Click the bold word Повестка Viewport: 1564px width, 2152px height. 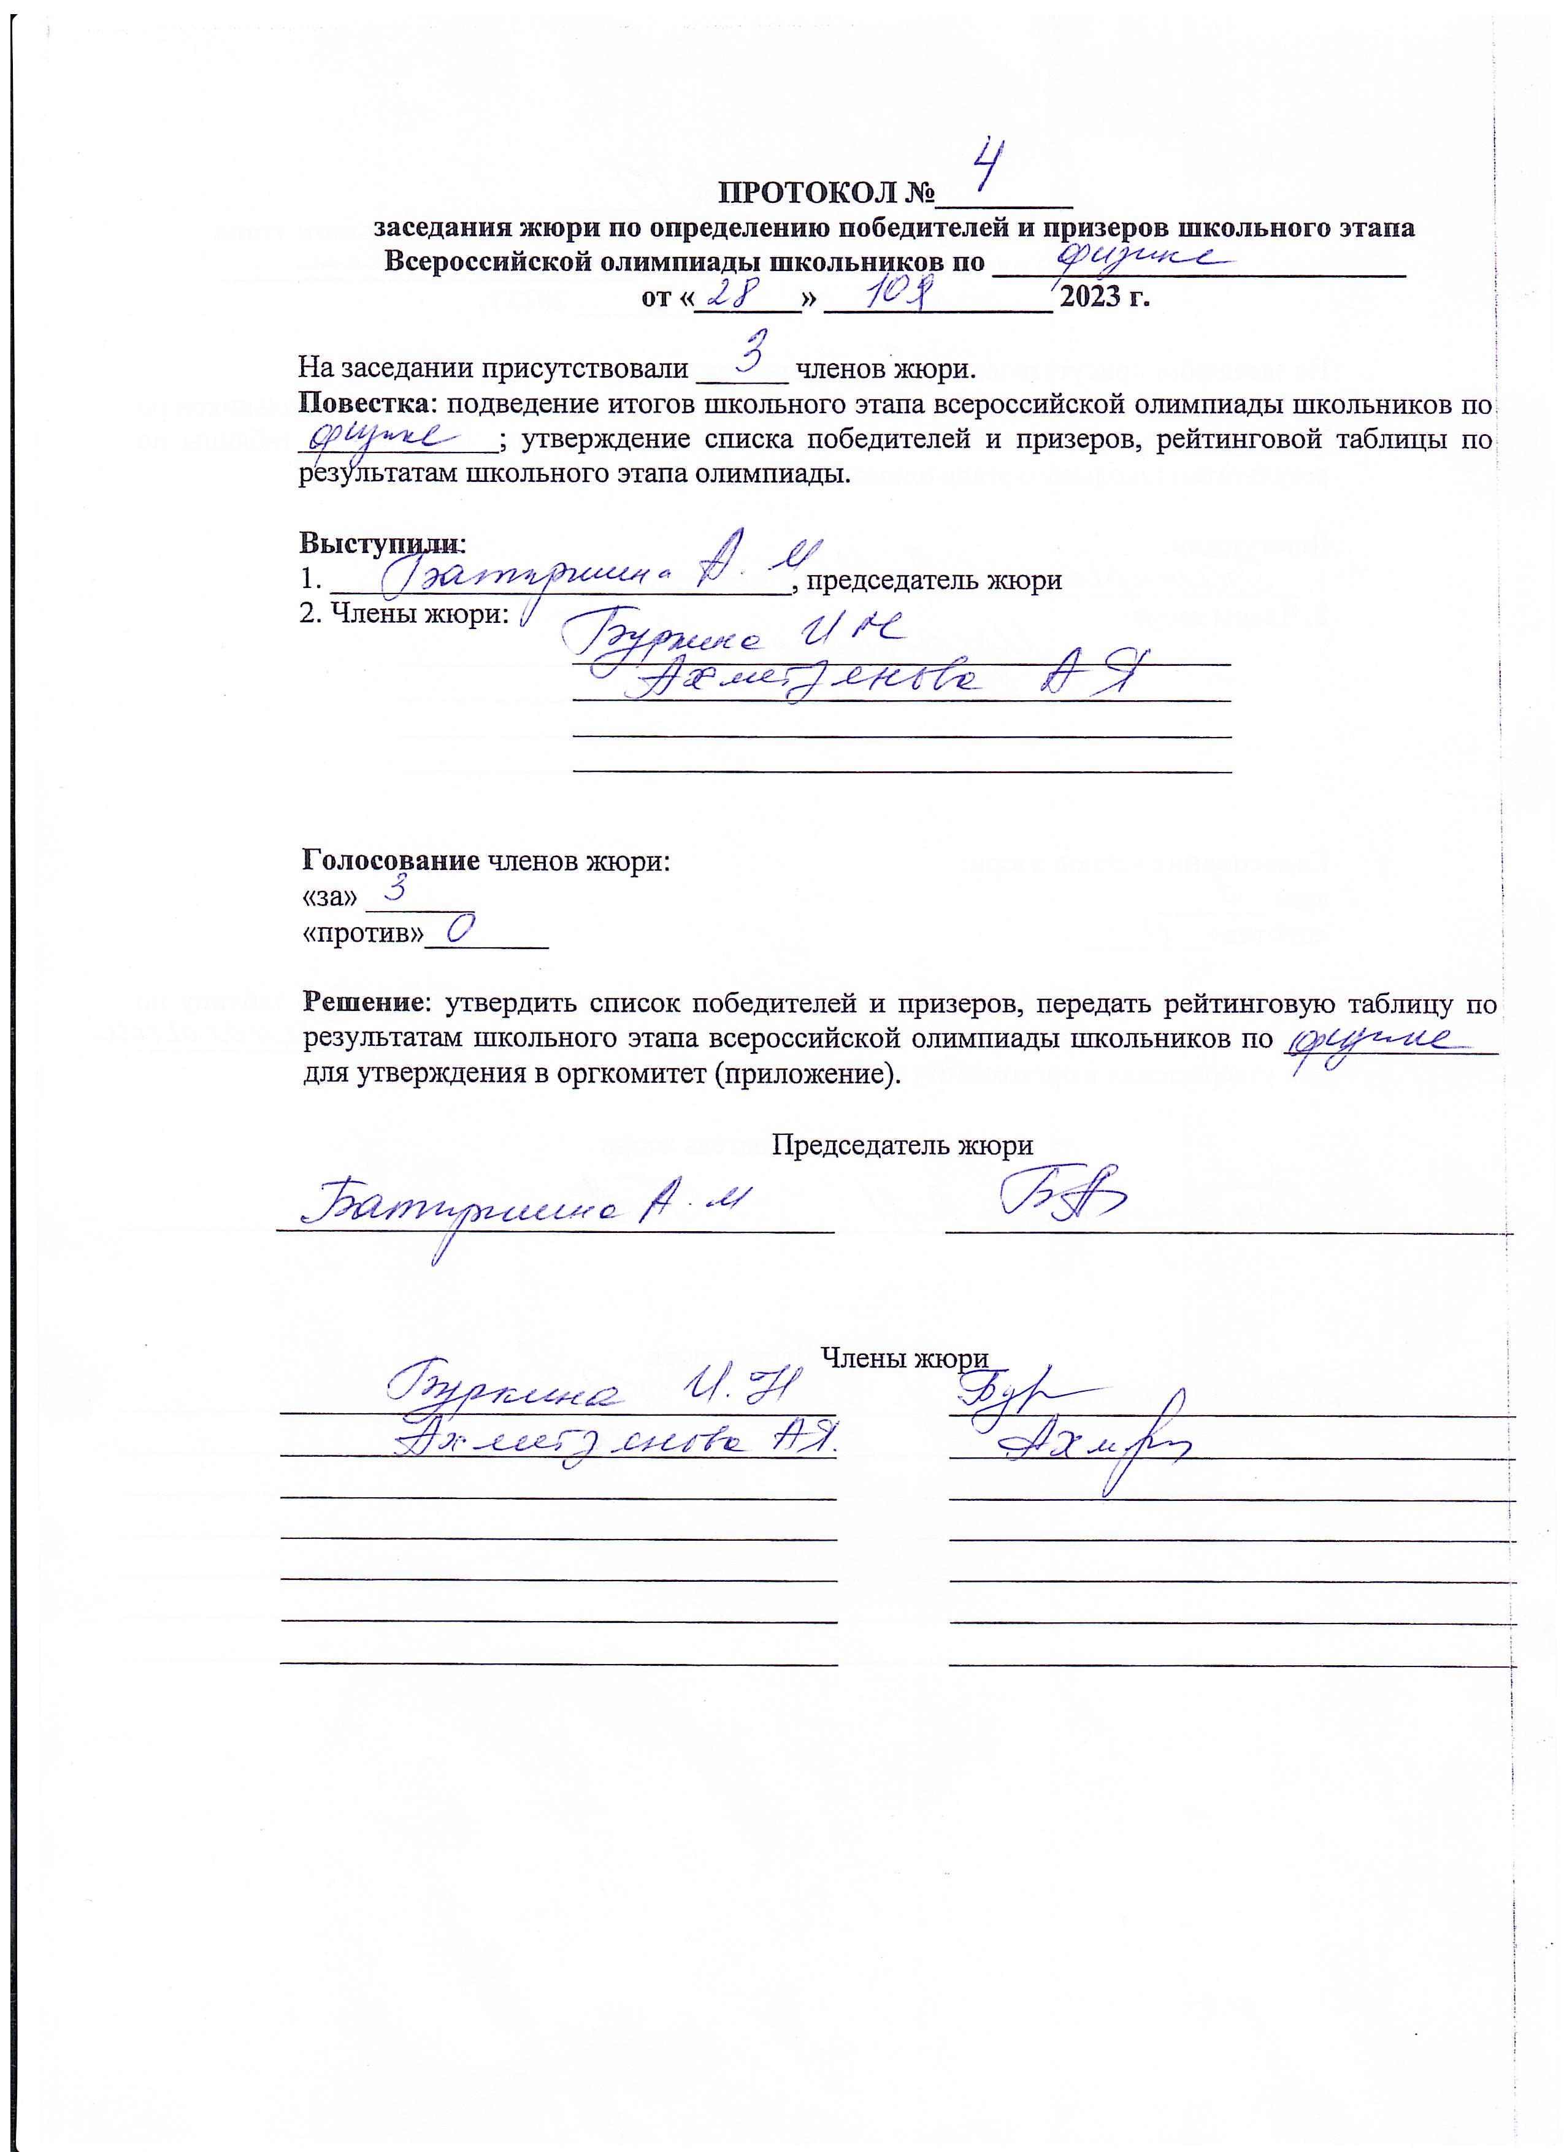coord(364,404)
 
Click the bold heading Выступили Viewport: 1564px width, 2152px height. coord(381,544)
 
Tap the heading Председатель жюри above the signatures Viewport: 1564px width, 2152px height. coord(902,1145)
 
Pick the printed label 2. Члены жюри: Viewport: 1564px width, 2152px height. coord(404,614)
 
